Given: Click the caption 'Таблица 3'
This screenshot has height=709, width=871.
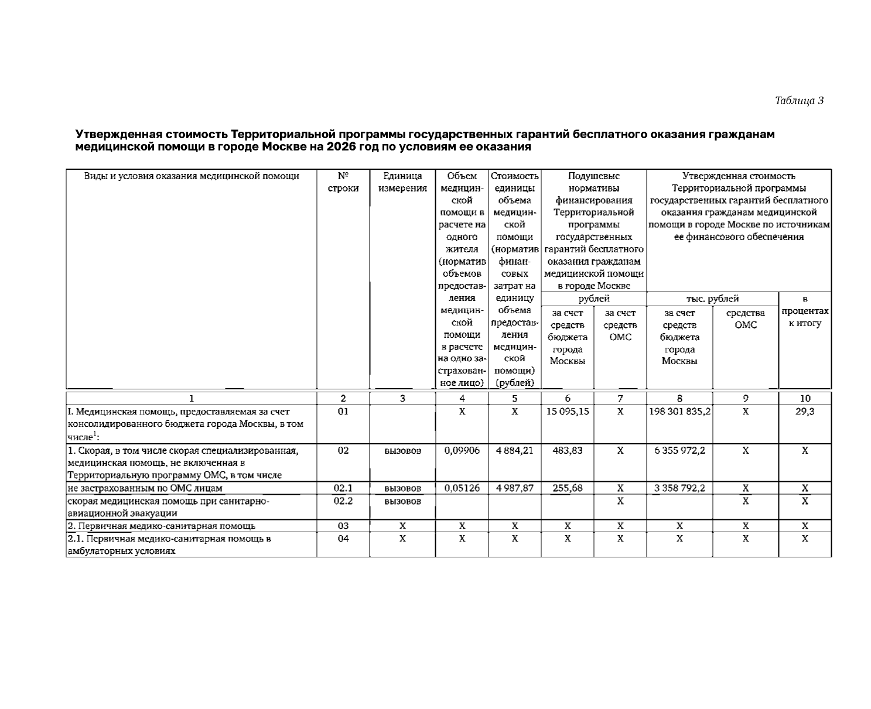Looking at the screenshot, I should click(799, 101).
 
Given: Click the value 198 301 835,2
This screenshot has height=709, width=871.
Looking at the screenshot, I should click(679, 412).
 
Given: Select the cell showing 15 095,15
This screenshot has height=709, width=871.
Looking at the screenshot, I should click(568, 412).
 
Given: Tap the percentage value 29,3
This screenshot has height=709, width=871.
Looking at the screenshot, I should click(805, 412).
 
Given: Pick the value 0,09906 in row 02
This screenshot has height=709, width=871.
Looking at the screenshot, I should click(462, 451).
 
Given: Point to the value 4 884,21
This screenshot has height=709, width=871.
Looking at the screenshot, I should click(514, 451).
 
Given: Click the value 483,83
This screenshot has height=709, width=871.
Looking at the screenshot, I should click(568, 451).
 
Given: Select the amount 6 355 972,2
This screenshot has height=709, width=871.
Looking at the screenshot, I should click(679, 451).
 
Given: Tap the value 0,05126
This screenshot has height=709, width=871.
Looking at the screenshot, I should click(462, 488).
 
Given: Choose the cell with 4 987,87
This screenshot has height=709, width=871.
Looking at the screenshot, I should click(514, 488).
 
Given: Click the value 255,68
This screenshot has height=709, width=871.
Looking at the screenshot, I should click(568, 488).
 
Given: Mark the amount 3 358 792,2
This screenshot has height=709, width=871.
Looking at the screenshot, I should click(679, 488).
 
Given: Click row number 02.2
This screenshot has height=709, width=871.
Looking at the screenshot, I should click(343, 501).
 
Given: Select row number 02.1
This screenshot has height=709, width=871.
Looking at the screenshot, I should click(343, 488).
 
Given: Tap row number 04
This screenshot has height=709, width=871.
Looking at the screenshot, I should click(343, 539).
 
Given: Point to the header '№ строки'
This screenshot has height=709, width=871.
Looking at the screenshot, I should click(343, 182).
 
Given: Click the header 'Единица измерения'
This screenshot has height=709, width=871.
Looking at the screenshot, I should click(402, 182).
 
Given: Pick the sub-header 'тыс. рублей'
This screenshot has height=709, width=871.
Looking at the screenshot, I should click(712, 299).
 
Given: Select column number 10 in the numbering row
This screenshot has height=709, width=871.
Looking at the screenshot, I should click(805, 399).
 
